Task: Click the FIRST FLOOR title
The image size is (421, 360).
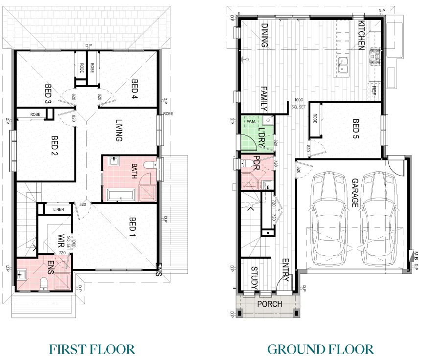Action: [x=92, y=349]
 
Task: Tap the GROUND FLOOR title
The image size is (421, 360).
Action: [x=320, y=349]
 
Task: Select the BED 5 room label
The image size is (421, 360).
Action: [x=356, y=129]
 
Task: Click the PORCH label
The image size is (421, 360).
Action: [x=270, y=304]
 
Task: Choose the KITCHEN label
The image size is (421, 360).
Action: [x=361, y=35]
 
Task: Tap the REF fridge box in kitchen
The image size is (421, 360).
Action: [x=374, y=90]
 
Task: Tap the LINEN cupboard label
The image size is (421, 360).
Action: [x=58, y=210]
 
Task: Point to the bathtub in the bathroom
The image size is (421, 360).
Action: [x=121, y=196]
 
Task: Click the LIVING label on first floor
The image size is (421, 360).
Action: [x=118, y=130]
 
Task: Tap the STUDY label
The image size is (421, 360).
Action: [x=255, y=277]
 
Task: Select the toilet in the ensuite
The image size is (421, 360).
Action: [x=44, y=284]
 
